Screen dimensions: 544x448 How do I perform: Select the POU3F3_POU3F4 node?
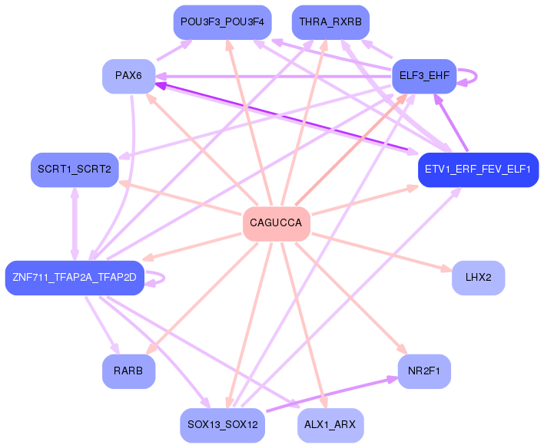[222, 22]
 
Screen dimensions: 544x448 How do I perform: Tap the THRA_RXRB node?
[330, 22]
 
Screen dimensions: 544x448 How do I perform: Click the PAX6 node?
[129, 76]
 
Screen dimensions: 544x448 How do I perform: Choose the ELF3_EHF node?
[424, 76]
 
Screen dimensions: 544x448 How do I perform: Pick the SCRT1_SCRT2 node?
[75, 170]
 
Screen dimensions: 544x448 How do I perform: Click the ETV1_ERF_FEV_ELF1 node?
[479, 170]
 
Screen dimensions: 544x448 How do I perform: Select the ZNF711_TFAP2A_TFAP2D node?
[75, 278]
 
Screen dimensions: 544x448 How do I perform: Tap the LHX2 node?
[479, 278]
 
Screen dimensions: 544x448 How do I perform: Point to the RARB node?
[129, 371]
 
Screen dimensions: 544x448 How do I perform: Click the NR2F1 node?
[424, 371]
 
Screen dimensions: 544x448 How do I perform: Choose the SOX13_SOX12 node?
[222, 425]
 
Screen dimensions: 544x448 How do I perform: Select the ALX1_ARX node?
[330, 425]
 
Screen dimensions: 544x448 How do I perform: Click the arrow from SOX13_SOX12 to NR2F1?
[332, 394]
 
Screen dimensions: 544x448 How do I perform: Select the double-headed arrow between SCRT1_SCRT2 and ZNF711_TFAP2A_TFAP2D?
[75, 224]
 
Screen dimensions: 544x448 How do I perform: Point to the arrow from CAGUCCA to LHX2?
[382, 252]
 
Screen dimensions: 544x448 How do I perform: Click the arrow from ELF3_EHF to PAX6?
[274, 76]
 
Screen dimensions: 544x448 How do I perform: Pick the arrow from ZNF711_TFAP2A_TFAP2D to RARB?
[102, 325]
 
